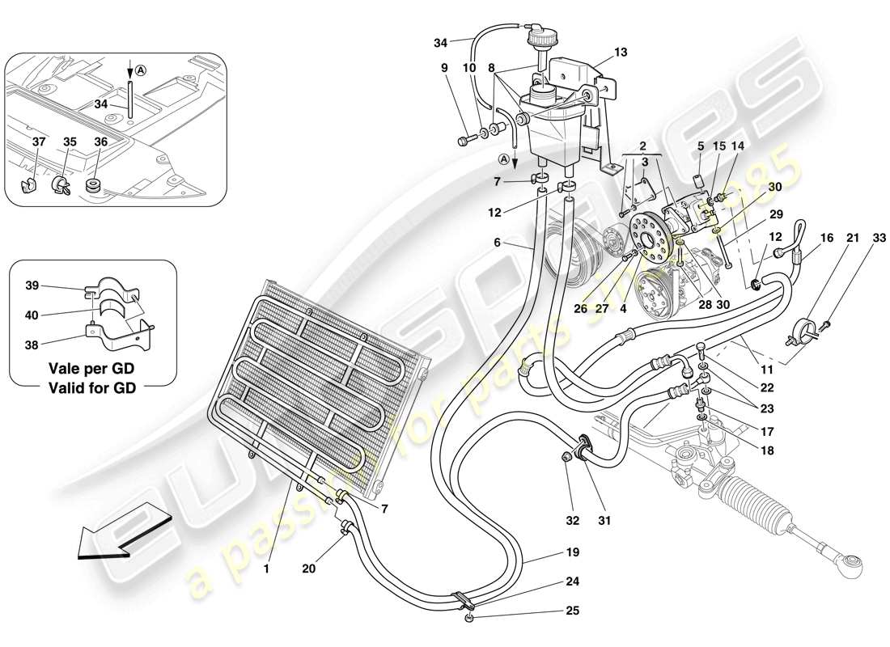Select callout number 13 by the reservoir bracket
point(621,53)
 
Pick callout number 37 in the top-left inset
point(38,142)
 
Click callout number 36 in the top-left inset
point(100,142)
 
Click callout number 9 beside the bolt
point(444,69)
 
